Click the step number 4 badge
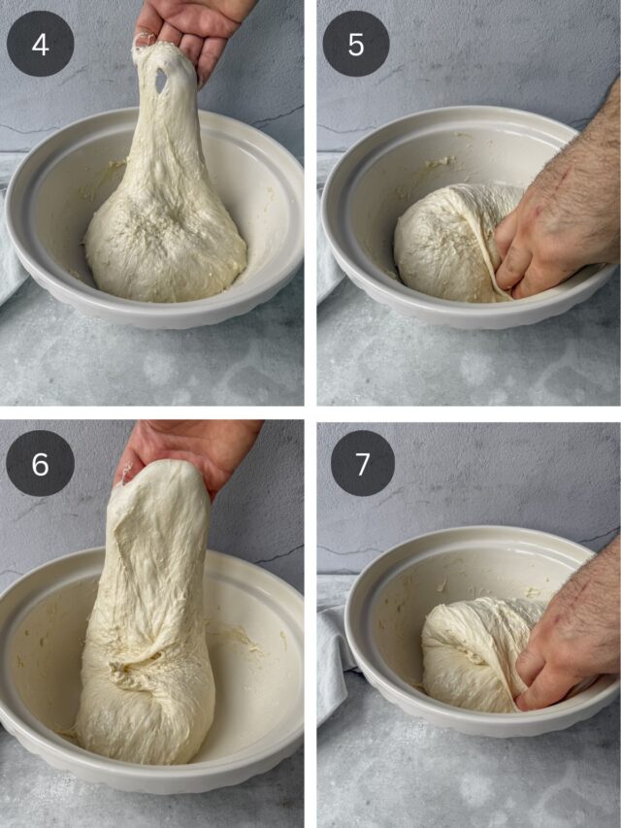tap(40, 44)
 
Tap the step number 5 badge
tap(356, 44)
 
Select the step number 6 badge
tap(40, 463)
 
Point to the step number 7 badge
tap(363, 463)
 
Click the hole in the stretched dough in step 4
tap(161, 80)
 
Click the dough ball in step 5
tap(449, 243)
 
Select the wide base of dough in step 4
tap(166, 248)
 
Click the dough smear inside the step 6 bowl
tap(238, 639)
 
